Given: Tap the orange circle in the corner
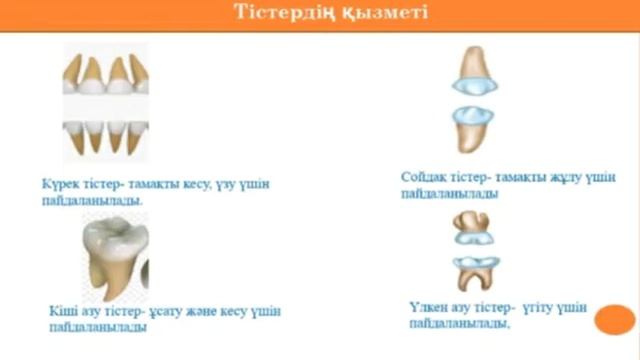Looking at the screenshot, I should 614,320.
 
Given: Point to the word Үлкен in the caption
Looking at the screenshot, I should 431,306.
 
